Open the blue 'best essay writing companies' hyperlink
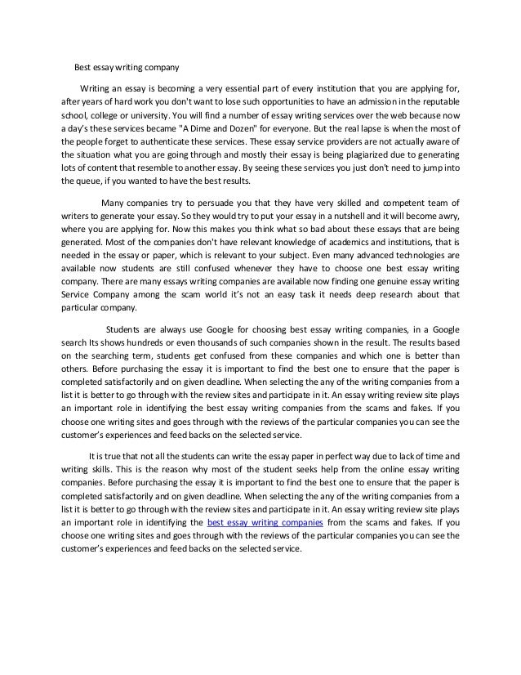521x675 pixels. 265,521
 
